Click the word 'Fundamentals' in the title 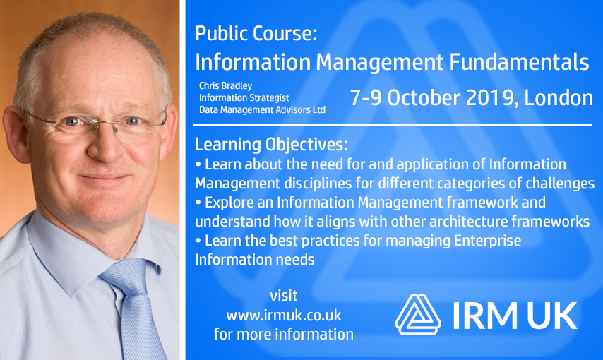click(519, 62)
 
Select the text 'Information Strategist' click(244, 98)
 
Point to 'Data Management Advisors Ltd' click(262, 109)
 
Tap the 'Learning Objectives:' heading click(271, 145)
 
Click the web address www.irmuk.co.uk click(284, 315)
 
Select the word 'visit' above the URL click(284, 296)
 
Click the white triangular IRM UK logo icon click(417, 314)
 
